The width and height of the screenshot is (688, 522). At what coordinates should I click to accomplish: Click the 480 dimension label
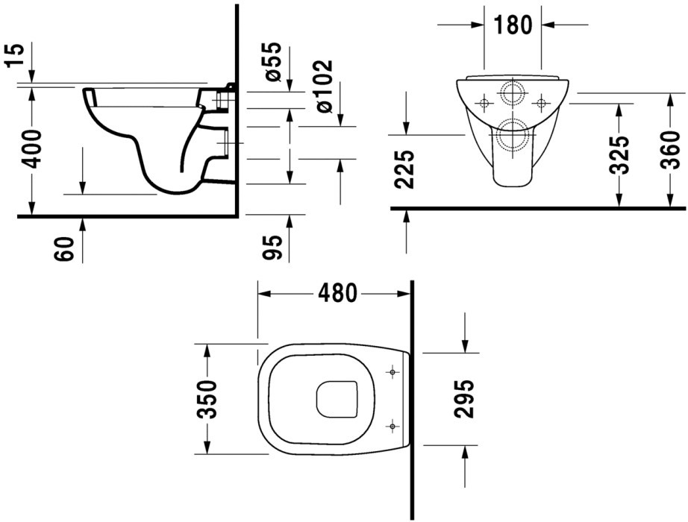point(337,293)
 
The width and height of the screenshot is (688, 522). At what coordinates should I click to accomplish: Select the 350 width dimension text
point(207,400)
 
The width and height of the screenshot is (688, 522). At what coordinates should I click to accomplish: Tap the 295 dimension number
point(464,399)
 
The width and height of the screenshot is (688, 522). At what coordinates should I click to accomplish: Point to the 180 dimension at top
point(513,25)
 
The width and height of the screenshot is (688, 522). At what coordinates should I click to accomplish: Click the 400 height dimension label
point(32,149)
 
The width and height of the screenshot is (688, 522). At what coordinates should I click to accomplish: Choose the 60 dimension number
point(64,249)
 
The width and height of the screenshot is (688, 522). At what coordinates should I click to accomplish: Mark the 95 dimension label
point(271,247)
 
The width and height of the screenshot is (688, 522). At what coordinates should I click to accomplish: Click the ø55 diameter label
point(271,62)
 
